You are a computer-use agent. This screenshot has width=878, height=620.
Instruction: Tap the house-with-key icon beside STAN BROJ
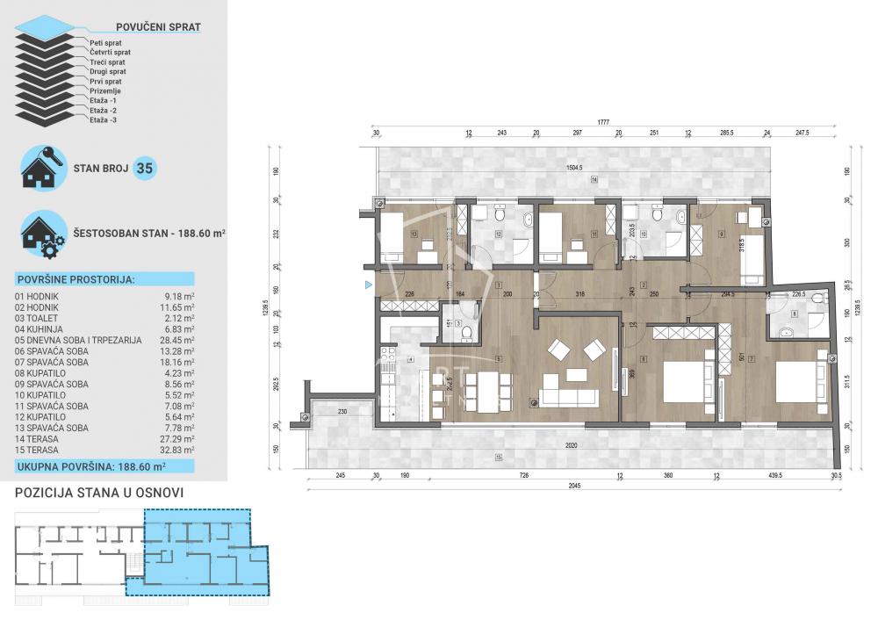coord(42,168)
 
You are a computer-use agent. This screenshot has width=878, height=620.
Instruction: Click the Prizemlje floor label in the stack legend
coord(105,90)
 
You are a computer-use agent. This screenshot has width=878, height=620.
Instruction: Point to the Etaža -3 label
coord(103,119)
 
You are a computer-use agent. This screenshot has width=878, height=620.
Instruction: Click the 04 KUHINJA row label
coord(43,327)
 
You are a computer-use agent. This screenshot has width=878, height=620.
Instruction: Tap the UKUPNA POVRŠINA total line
coord(91,469)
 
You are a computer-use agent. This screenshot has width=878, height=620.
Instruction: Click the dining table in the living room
coord(486,386)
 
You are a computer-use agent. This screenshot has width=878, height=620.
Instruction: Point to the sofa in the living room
coord(571,395)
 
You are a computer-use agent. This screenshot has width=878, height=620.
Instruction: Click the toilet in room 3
coord(467,331)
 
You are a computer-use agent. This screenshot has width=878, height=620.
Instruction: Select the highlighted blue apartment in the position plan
coord(198,553)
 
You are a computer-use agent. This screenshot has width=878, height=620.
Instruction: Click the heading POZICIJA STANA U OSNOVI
coord(98,493)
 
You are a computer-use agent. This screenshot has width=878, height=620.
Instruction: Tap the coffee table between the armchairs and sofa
coord(576,375)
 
